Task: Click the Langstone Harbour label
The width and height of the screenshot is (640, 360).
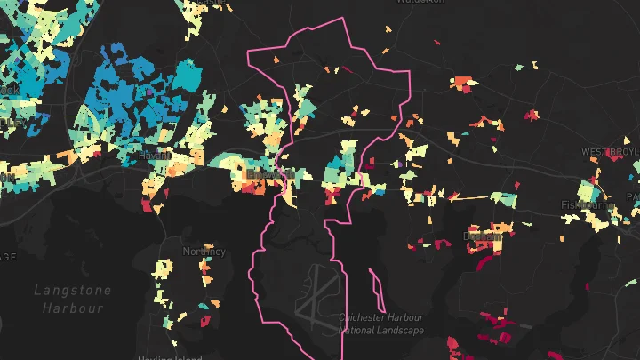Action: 73,299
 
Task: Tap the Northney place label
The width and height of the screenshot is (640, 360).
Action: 204,252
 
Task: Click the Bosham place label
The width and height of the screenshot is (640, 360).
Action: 483,236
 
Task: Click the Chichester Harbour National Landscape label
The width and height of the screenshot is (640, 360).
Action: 381,324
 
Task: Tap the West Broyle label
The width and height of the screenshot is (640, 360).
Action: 611,152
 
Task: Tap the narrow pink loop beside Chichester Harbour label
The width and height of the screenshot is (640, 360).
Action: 377,285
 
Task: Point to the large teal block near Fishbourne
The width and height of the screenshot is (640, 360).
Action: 588,191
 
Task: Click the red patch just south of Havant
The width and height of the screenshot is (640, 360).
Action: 147,206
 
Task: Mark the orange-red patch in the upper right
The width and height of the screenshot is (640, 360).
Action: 462,84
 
